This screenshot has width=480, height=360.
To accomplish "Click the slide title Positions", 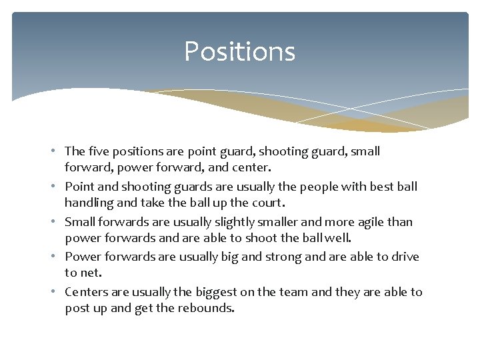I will tap(239, 51).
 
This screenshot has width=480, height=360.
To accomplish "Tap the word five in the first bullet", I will tap(98, 151).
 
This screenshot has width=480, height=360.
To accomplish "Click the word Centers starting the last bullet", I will tap(88, 292).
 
